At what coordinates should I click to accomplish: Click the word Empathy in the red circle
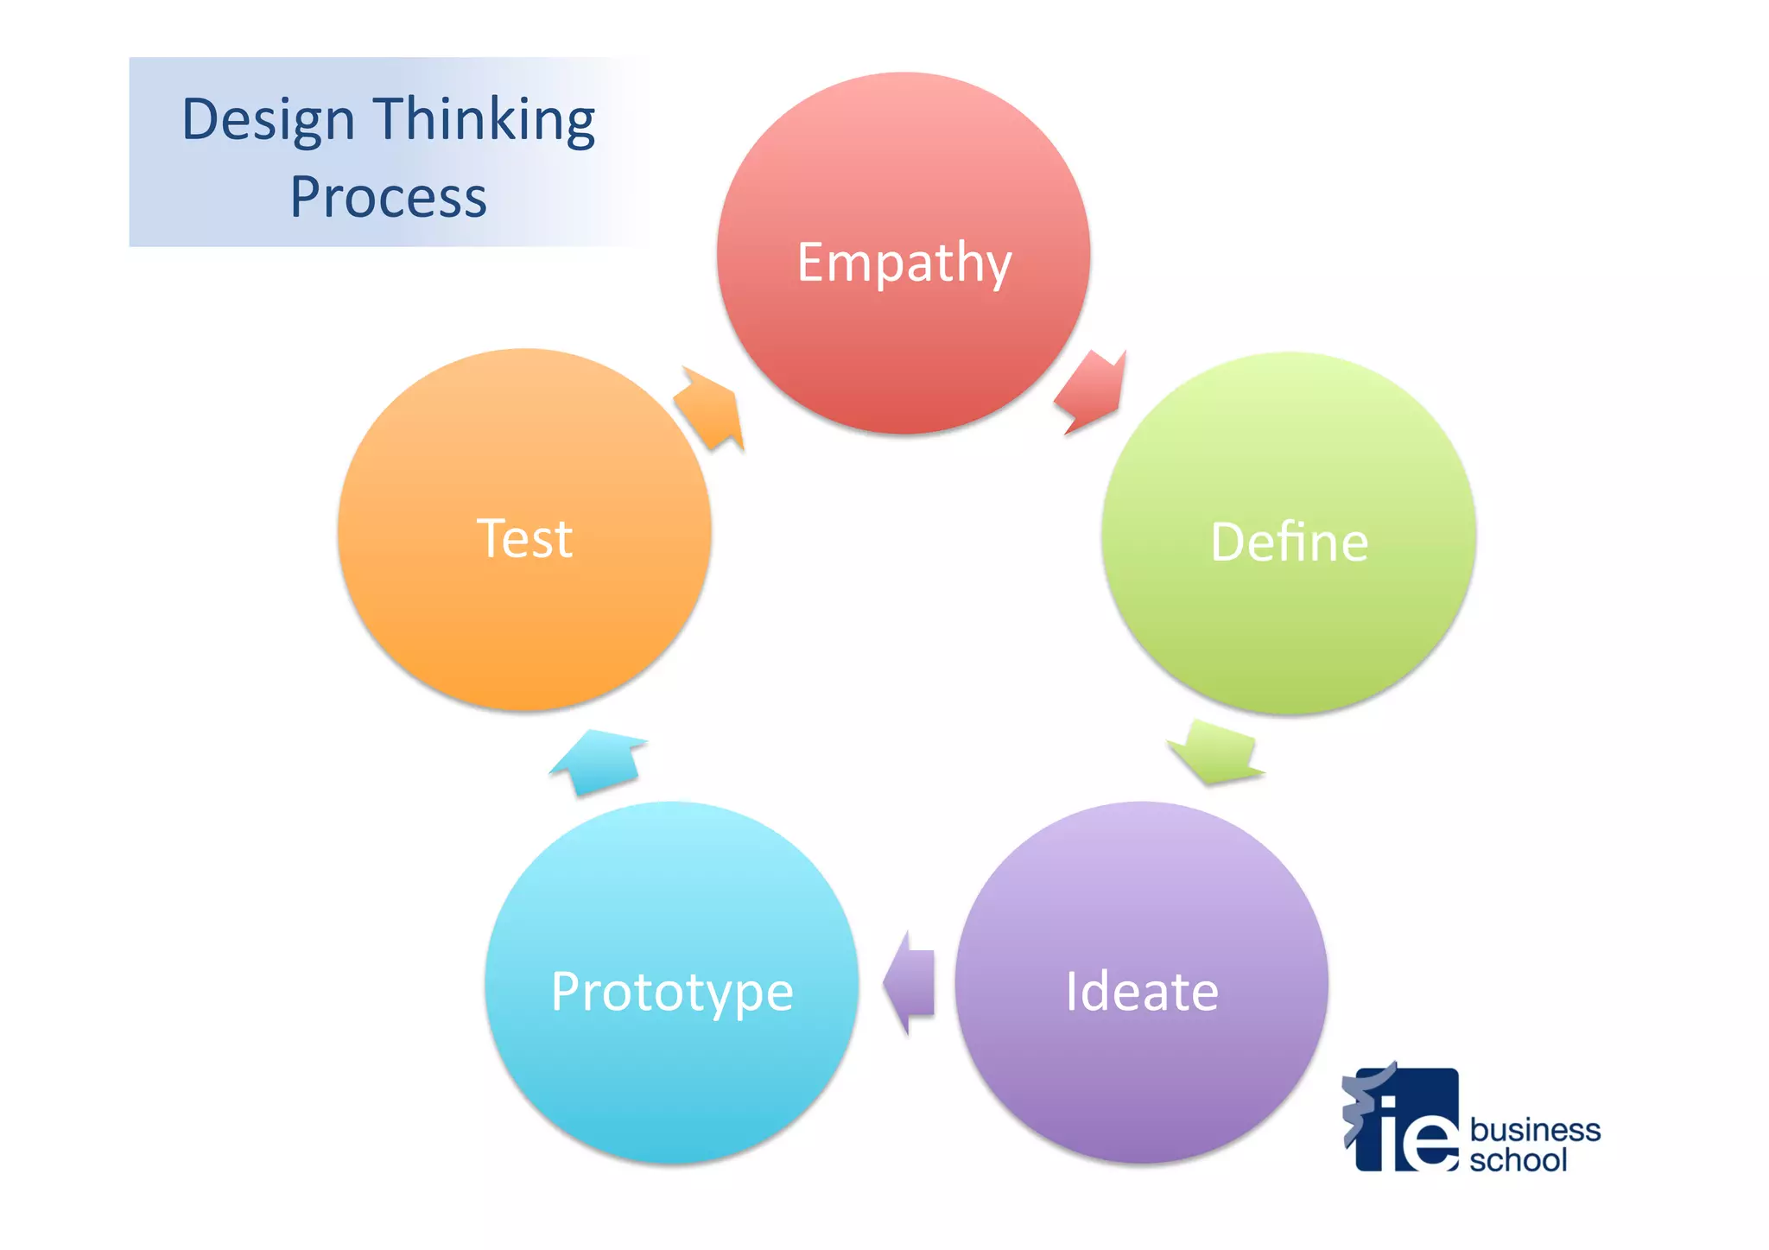[904, 262]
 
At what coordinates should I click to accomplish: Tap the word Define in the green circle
[1289, 543]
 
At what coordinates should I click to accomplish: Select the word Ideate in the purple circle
[1141, 991]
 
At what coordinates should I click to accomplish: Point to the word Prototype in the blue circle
[672, 992]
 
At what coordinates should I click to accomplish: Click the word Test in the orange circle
[524, 538]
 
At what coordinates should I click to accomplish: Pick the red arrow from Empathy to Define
[1091, 391]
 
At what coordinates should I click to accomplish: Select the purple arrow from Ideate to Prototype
[910, 983]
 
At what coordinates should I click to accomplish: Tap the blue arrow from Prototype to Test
[599, 761]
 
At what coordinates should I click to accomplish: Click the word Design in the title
[268, 120]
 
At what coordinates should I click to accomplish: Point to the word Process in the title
[388, 197]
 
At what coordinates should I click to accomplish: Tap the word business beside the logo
[1535, 1130]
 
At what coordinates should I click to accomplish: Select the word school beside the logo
[1518, 1160]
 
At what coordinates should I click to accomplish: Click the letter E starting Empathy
[812, 262]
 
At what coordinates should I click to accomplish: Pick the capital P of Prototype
[567, 991]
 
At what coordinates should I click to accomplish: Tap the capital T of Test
[492, 538]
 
